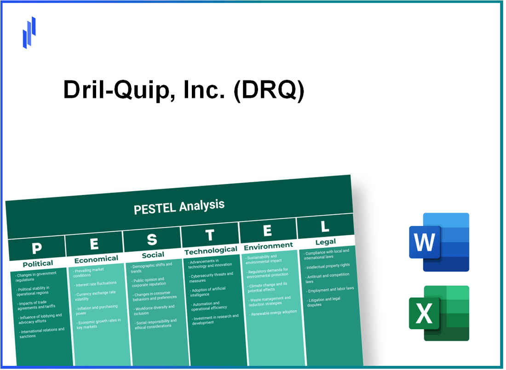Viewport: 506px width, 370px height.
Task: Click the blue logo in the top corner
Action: tap(29, 32)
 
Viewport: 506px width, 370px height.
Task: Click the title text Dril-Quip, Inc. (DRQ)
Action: tap(184, 90)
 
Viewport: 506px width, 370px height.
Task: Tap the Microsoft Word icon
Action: tap(439, 242)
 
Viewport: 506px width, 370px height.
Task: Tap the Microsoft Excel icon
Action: tap(439, 313)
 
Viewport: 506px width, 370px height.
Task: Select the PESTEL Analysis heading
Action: tap(179, 206)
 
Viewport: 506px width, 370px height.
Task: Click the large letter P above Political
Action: tap(36, 249)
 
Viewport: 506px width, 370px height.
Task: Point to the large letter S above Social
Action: tap(152, 239)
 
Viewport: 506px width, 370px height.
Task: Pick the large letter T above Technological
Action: tap(210, 235)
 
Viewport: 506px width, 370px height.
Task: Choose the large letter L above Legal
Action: tap(325, 227)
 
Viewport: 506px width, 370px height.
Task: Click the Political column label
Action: tap(38, 263)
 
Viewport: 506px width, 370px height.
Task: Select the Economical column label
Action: tap(96, 259)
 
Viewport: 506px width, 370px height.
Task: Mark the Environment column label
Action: tap(268, 246)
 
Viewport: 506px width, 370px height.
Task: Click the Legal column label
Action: tap(326, 242)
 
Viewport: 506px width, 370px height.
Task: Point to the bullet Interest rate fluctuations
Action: tap(97, 284)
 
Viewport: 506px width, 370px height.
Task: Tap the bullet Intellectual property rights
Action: tap(328, 265)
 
